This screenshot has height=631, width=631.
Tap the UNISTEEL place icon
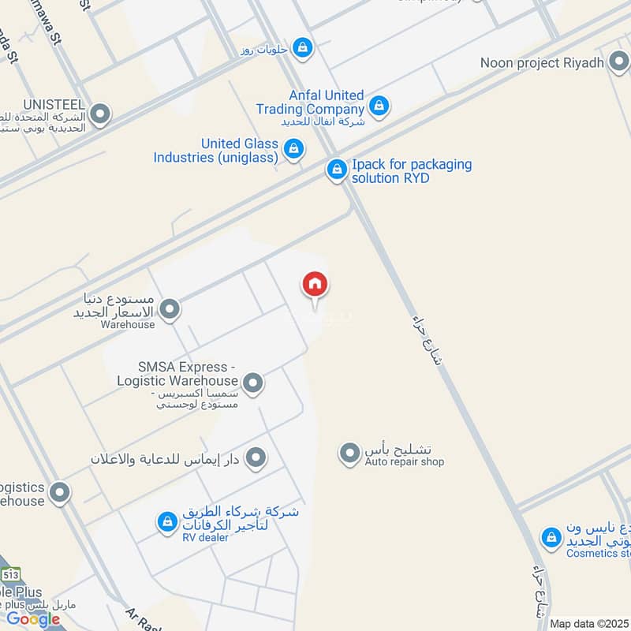click(99, 115)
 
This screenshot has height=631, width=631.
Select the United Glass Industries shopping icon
click(293, 148)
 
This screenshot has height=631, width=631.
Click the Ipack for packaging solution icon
click(337, 170)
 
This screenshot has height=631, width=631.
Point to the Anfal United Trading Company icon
click(379, 105)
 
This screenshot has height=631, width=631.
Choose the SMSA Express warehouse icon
click(252, 384)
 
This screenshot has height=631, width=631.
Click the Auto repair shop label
click(404, 461)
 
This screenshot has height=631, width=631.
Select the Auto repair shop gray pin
click(349, 454)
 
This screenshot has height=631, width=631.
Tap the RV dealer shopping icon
click(166, 522)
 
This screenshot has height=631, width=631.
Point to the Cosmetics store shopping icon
click(551, 538)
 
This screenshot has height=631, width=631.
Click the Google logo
click(34, 619)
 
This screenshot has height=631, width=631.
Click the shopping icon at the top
click(302, 48)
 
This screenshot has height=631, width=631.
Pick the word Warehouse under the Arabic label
click(128, 324)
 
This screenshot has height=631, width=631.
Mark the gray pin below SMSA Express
click(256, 457)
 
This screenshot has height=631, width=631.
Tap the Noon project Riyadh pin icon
click(619, 63)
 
